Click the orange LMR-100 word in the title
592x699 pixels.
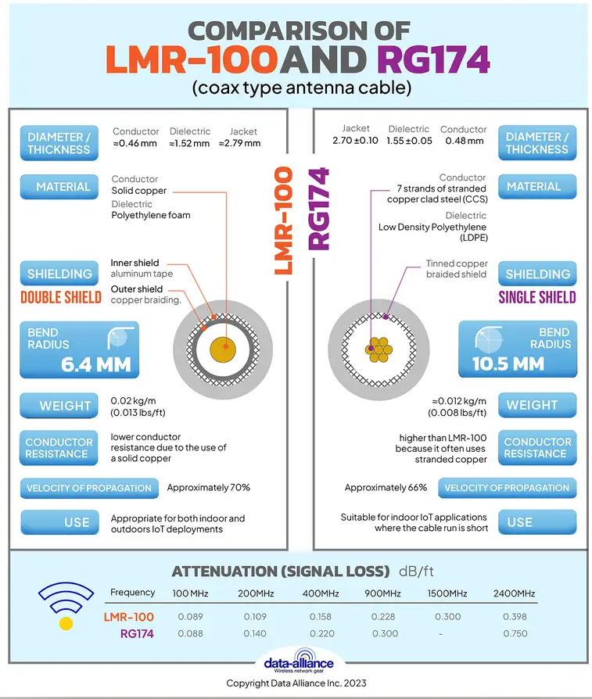(x=192, y=61)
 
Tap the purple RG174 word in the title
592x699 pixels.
(x=434, y=61)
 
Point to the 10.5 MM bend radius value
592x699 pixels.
(x=508, y=364)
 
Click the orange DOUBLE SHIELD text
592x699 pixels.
(x=61, y=297)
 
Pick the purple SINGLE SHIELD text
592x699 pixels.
(x=537, y=297)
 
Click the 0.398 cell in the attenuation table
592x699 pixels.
(x=515, y=617)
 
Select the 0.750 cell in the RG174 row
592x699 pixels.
(x=515, y=634)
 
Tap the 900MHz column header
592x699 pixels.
(x=383, y=593)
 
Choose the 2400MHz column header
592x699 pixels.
(x=515, y=593)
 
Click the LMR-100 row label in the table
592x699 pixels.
(x=129, y=617)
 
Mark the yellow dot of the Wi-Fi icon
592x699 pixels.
(x=66, y=624)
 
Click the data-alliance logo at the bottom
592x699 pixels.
(x=298, y=661)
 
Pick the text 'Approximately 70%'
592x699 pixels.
(x=208, y=488)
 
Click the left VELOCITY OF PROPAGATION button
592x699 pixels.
(x=88, y=488)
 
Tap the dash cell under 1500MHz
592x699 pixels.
(x=443, y=634)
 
